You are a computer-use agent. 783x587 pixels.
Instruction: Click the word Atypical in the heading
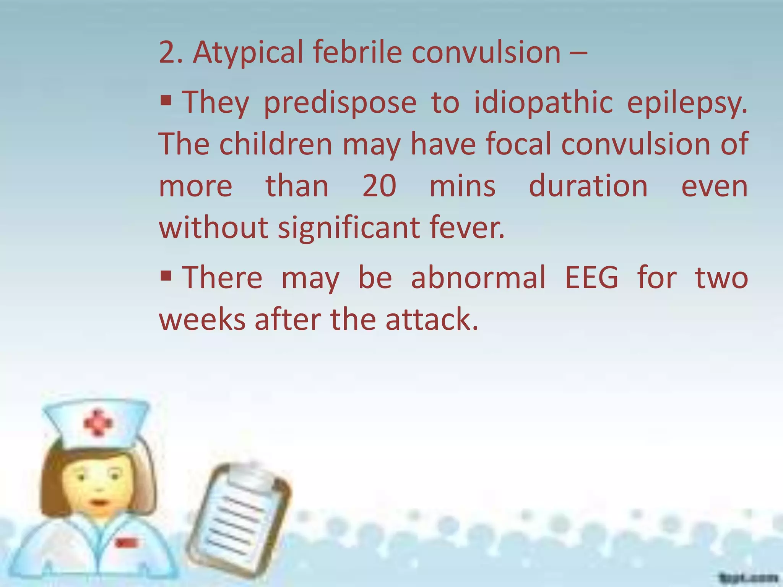(x=247, y=53)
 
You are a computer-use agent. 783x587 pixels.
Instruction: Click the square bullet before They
(x=166, y=101)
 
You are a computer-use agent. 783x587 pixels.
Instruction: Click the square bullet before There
(x=166, y=275)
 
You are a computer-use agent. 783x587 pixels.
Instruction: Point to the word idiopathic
(x=543, y=102)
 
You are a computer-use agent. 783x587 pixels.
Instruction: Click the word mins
(x=462, y=186)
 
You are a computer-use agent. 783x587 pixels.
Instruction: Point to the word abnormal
(x=478, y=277)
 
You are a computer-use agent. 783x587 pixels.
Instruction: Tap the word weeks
(x=202, y=319)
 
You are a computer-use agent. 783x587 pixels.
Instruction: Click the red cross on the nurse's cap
(x=98, y=423)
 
